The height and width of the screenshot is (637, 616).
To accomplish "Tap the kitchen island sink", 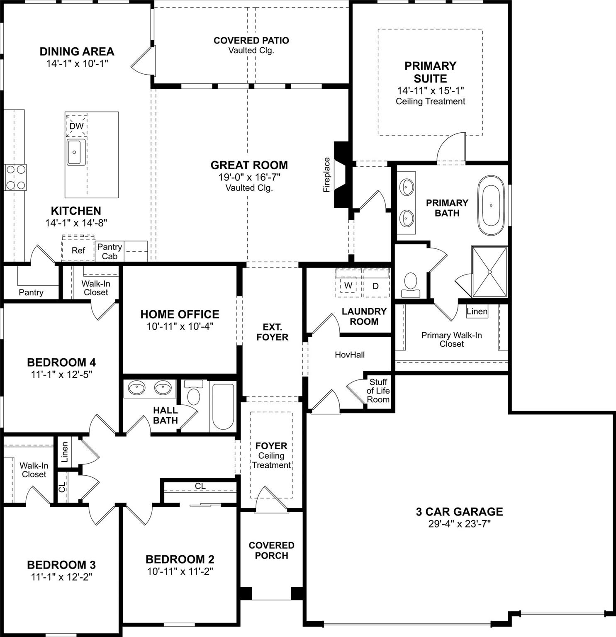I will tap(75, 152).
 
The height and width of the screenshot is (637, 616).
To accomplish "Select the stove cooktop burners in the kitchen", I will tap(15, 177).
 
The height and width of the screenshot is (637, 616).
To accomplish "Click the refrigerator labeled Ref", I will tap(78, 250).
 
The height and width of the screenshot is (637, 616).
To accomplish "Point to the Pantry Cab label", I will tap(110, 251).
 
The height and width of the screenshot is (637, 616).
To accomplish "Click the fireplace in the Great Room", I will tap(342, 175).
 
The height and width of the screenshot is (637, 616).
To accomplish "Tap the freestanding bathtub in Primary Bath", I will tap(491, 205).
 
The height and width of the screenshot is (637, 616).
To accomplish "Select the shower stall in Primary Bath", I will tap(489, 272).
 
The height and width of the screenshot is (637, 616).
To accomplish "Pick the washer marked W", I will tap(348, 285).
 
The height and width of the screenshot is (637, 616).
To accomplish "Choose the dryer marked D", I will tap(375, 286).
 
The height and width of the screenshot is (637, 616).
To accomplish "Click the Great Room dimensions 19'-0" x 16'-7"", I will tap(249, 177).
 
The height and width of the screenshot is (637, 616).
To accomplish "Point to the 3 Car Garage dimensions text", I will tap(459, 524).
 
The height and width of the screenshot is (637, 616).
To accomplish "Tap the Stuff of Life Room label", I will tap(378, 391).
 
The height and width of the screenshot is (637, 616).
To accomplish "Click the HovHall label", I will tap(350, 355).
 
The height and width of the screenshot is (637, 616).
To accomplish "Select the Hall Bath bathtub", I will tap(223, 406).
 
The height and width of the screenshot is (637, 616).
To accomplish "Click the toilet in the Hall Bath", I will tap(193, 394).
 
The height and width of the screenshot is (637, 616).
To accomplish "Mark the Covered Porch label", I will tap(271, 550).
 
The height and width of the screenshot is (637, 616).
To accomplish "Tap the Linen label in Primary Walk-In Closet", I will tap(477, 311).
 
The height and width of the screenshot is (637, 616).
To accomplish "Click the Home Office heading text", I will tap(180, 314).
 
